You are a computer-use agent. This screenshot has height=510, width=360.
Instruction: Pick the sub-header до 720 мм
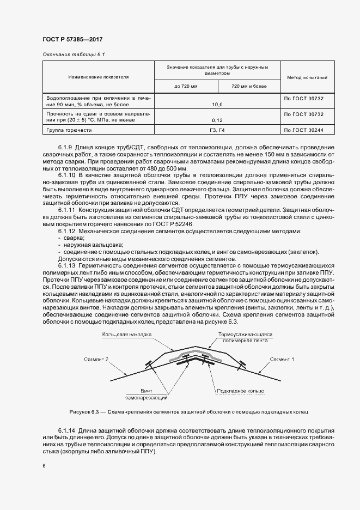coord(186,86)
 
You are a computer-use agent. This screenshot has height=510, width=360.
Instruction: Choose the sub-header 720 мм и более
coord(249,86)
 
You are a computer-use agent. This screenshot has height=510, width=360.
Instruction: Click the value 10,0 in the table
coord(217,104)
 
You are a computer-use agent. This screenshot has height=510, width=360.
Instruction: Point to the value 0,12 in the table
coord(217,120)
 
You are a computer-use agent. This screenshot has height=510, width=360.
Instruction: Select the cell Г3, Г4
coord(217,131)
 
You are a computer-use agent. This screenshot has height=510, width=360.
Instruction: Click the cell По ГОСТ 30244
coord(304,131)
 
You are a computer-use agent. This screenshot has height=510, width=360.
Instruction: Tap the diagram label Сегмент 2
coord(97,360)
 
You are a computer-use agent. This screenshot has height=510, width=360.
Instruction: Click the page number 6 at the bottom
coord(44,465)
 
